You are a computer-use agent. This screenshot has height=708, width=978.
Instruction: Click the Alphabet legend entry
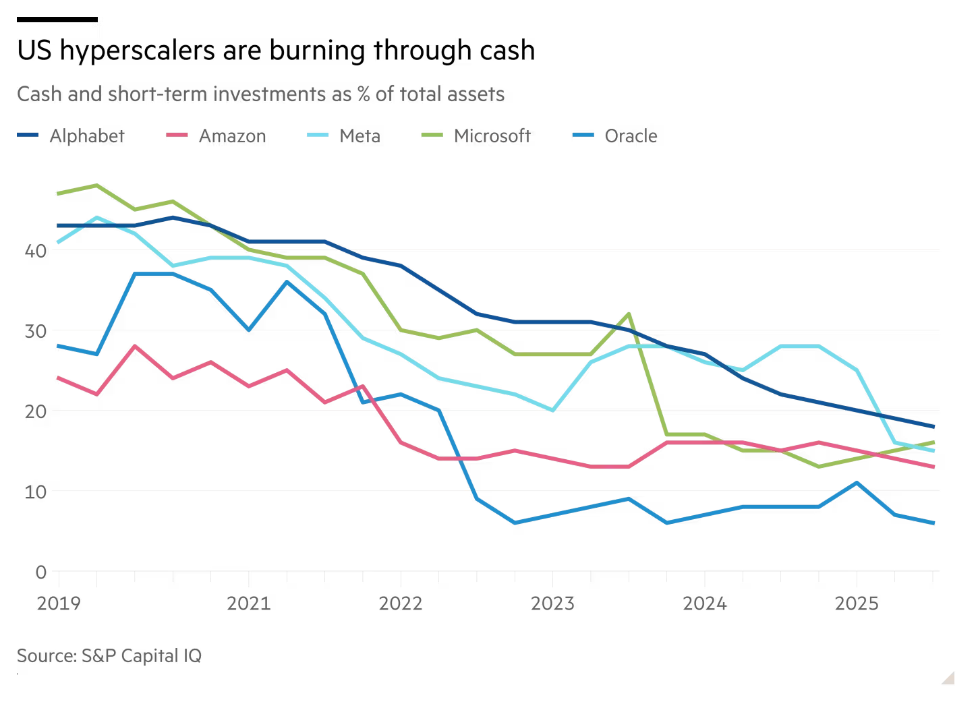click(x=86, y=136)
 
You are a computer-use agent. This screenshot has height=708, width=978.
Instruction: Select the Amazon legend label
click(x=232, y=136)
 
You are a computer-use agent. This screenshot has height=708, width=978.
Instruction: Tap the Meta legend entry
click(x=359, y=136)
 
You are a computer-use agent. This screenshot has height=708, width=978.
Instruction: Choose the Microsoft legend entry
click(x=492, y=136)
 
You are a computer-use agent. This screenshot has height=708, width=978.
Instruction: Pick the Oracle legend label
click(x=630, y=136)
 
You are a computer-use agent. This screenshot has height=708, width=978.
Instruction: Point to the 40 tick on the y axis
click(x=36, y=251)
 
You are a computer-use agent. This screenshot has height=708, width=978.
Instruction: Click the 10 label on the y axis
click(x=36, y=492)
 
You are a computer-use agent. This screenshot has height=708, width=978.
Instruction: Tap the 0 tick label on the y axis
click(x=41, y=572)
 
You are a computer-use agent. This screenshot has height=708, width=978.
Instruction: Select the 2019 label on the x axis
click(x=59, y=603)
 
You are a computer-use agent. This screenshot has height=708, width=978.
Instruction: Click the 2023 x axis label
click(x=552, y=603)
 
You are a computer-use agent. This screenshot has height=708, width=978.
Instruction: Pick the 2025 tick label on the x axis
click(x=857, y=603)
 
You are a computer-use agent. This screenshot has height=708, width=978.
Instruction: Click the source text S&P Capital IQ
click(x=141, y=655)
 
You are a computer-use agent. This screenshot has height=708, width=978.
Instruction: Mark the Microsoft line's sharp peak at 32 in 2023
click(x=629, y=314)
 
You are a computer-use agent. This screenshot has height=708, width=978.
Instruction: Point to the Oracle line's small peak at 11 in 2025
click(x=857, y=483)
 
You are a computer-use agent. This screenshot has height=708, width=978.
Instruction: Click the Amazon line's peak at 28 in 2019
click(x=135, y=346)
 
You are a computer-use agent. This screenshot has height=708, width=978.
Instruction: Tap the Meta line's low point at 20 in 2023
click(x=552, y=410)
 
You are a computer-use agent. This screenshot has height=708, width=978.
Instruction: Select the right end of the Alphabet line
click(x=933, y=426)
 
